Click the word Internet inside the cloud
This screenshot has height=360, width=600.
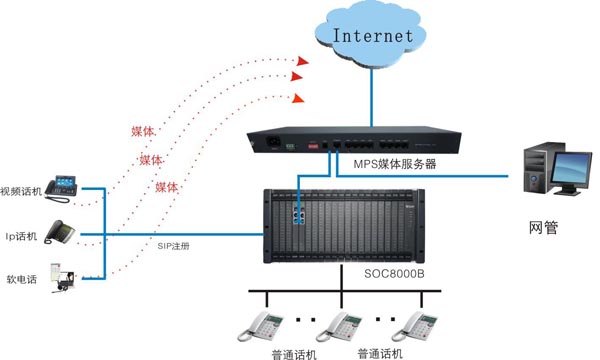coord(372,35)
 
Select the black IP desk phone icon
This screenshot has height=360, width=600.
coord(62,232)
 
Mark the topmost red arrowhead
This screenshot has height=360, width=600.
coord(299,60)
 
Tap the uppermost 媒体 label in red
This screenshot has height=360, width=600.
coord(142,131)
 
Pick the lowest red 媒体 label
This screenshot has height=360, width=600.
coord(166,187)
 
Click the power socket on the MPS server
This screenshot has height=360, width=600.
coord(267,142)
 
